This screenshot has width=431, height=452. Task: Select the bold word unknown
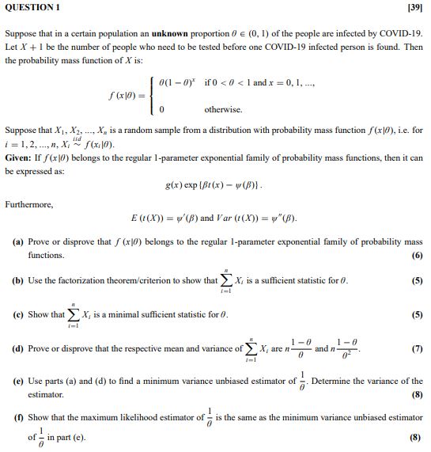tap(159, 35)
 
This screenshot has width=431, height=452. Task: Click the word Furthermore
tap(29, 204)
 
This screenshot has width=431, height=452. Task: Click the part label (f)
tap(17, 416)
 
